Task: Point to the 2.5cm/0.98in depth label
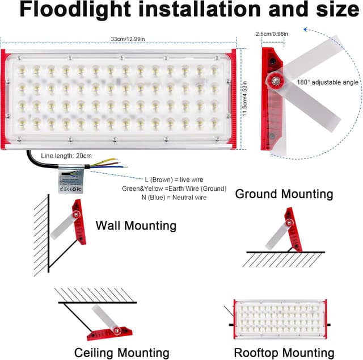[x=272, y=34]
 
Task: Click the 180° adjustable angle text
[x=328, y=82]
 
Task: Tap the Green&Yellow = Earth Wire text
[x=174, y=188]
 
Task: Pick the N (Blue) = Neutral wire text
[x=174, y=197]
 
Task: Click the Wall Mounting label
[x=136, y=225]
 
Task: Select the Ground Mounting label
[x=284, y=194]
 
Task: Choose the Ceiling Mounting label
[x=121, y=353]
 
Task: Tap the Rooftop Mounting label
[x=284, y=353]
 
